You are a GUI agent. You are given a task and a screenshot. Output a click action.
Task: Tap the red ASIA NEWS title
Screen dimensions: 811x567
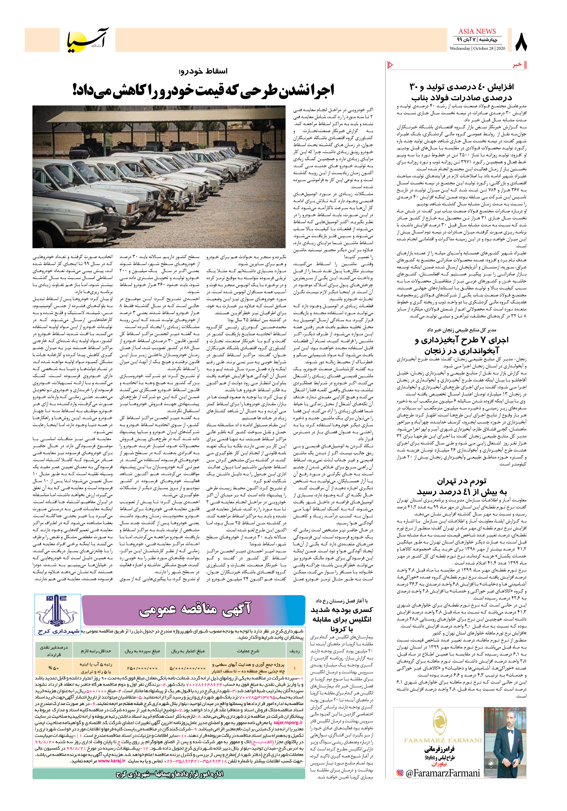[x=477, y=31]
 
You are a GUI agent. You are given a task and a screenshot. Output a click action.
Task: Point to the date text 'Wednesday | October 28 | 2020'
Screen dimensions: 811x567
[x=477, y=48]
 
